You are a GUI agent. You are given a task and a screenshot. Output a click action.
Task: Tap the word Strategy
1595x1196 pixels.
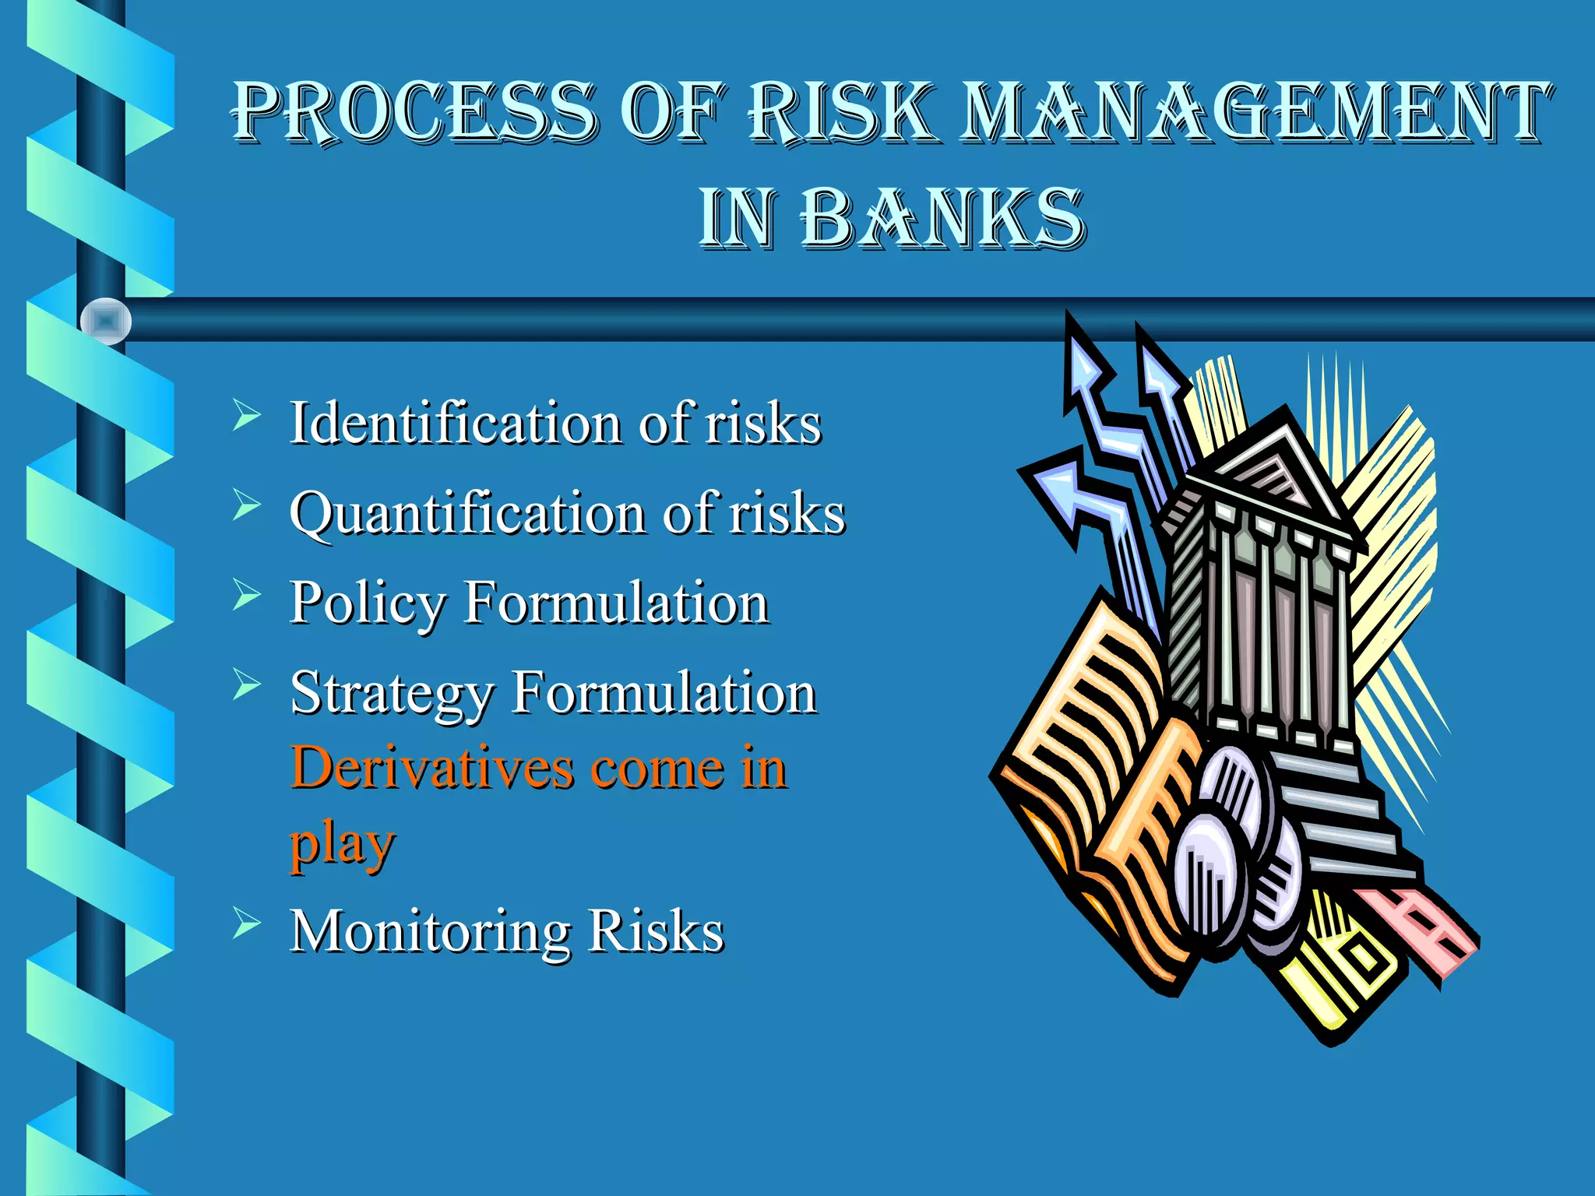392,693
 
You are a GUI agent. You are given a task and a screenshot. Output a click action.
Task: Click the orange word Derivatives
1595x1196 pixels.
431,769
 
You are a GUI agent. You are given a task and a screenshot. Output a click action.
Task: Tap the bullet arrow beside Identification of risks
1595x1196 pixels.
245,415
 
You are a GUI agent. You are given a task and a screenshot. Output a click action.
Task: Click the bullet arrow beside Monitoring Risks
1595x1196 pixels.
245,923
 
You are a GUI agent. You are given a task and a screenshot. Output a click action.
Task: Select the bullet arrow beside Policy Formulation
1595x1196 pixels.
245,596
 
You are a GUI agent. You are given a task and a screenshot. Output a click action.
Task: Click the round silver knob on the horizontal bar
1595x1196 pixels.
106,321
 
